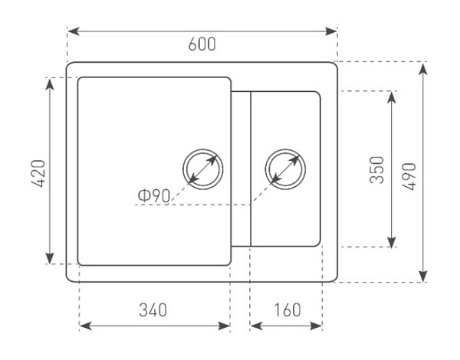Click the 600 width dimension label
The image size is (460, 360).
202,44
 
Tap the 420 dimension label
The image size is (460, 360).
39,174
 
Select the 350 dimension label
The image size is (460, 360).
376,170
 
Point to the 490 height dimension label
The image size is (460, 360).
409,176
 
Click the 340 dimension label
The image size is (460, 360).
153,310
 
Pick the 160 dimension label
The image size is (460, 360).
287,310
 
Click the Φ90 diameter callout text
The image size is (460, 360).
154,195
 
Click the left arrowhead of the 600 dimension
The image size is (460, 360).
74,31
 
